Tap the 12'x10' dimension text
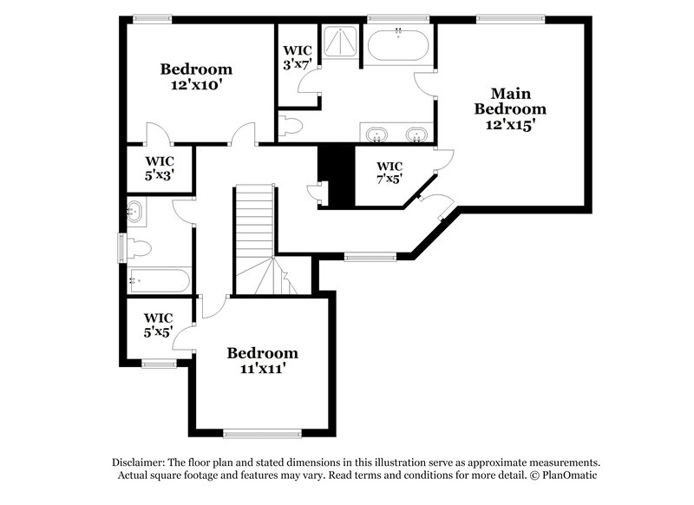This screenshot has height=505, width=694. pos(196,85)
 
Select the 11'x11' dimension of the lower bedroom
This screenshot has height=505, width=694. pos(262,368)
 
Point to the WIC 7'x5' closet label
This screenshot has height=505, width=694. pos(390,174)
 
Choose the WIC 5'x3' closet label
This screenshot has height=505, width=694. pos(159,167)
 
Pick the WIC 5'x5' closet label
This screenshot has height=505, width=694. pos(159,325)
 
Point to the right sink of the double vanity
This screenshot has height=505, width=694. pos(418,134)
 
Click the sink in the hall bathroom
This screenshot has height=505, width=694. pos(134,210)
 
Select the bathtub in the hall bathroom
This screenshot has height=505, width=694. pos(158,280)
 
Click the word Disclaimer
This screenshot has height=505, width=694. pos(141,462)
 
